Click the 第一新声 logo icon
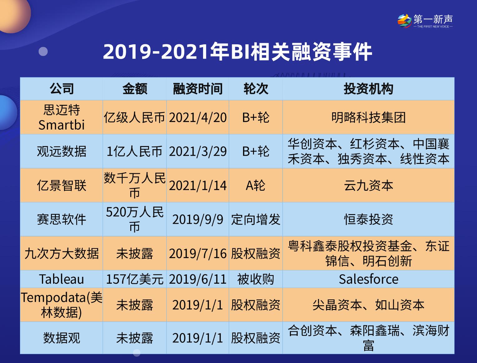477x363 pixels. coord(404,21)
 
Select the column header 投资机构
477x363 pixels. coord(368,89)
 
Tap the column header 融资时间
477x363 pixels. coord(197,89)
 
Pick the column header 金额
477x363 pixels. coord(134,89)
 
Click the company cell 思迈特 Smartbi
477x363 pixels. coord(62,117)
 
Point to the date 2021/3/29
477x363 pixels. coord(197,151)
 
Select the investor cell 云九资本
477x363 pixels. coord(368,186)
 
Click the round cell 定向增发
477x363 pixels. coord(256,219)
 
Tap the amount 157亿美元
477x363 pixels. coord(134,279)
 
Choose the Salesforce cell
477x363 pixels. coord(368,279)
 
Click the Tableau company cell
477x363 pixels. coord(62,279)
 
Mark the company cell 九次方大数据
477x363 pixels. coord(62,253)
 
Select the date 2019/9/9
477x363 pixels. coord(197,219)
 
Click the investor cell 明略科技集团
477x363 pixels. coord(368,118)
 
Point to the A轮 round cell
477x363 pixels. coord(256,186)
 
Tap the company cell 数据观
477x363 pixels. coord(62,338)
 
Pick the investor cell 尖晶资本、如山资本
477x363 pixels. coord(368,305)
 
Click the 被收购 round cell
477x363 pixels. coord(256,279)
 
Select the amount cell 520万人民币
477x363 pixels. coord(134,219)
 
